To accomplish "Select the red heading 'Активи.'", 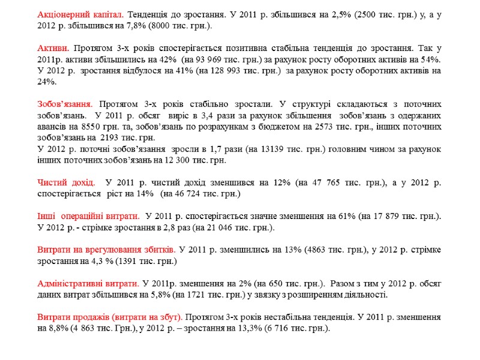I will click(53, 47).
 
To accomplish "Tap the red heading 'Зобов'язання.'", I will click(65, 103).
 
